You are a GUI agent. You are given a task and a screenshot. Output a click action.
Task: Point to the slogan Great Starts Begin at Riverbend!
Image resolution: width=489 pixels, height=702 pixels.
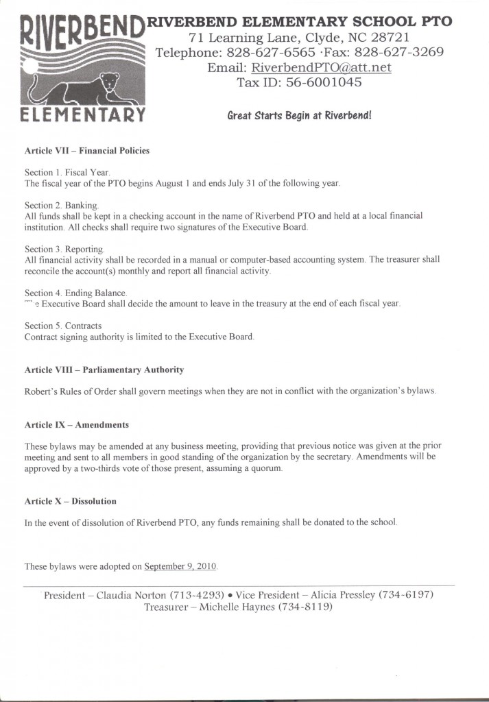click(x=299, y=115)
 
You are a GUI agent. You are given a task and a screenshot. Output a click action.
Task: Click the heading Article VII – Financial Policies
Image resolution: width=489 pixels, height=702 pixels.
click(x=86, y=150)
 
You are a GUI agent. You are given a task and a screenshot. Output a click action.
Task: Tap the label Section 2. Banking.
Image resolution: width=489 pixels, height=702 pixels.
click(x=62, y=205)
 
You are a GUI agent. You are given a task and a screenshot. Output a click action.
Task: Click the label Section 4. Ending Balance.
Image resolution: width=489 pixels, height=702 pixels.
click(x=75, y=293)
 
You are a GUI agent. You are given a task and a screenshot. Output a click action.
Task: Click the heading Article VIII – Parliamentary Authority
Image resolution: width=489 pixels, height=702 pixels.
click(x=104, y=370)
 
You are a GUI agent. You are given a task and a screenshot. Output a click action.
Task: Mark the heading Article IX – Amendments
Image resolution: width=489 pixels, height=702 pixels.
click(x=76, y=425)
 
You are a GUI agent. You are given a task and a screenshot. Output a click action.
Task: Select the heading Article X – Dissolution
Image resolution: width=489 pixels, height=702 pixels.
click(x=70, y=501)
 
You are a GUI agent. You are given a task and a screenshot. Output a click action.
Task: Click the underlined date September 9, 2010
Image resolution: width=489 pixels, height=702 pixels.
click(x=180, y=566)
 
